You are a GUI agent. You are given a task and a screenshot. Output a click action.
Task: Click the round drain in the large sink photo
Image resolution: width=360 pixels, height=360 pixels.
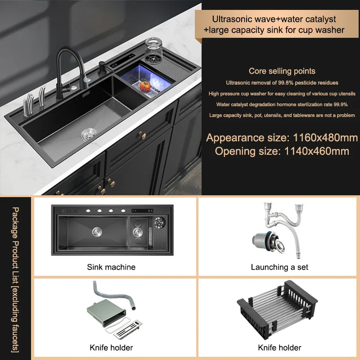(89, 134)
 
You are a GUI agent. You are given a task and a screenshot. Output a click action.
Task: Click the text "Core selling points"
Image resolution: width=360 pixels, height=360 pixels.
(282, 71)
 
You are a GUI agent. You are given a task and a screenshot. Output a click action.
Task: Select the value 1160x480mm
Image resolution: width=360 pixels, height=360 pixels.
(321, 138)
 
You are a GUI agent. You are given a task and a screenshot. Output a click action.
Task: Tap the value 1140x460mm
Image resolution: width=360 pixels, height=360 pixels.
(317, 151)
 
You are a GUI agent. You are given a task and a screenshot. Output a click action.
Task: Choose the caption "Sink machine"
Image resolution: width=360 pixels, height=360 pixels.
(111, 267)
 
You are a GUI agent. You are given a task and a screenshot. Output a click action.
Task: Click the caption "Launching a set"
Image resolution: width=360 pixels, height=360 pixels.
(279, 267)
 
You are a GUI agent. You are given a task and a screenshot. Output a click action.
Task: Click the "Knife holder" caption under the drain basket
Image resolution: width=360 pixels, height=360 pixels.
(279, 347)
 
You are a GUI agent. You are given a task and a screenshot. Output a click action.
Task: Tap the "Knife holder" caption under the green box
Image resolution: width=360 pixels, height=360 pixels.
(111, 347)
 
